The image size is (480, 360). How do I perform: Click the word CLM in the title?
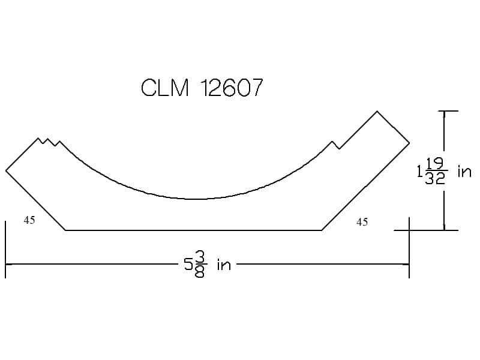click(164, 88)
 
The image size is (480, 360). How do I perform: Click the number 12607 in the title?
click(232, 88)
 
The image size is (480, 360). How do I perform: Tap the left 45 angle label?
click(29, 220)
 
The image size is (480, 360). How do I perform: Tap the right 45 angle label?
click(362, 222)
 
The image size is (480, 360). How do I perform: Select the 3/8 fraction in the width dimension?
click(200, 264)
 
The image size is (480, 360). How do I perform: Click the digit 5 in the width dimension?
click(188, 264)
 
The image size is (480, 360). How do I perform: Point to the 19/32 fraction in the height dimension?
click(436, 171)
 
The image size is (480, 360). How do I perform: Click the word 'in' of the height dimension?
click(464, 171)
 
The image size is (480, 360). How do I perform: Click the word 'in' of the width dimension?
click(224, 265)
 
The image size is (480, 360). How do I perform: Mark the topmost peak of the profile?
click(377, 111)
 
